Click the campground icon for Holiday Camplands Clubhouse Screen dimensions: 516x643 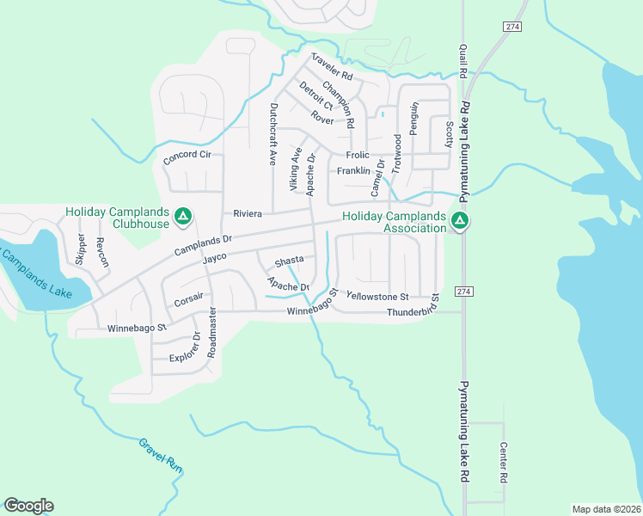pos(182,218)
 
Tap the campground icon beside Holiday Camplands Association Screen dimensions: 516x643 pos(460,222)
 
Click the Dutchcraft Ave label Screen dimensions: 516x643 pos(273,134)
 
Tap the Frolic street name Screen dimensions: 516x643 pos(357,156)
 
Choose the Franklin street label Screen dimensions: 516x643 pos(353,171)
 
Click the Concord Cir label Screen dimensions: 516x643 pos(187,156)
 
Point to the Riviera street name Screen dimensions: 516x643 pos(246,212)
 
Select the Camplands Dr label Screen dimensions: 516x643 pos(203,245)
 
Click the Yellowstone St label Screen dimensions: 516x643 pos(382,296)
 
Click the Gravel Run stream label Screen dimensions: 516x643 pos(162,455)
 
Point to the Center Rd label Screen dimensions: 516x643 pos(504,462)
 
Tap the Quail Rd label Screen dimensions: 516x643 pos(462,62)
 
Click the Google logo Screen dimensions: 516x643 pos(28,506)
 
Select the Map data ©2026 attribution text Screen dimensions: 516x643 pos(605,509)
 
